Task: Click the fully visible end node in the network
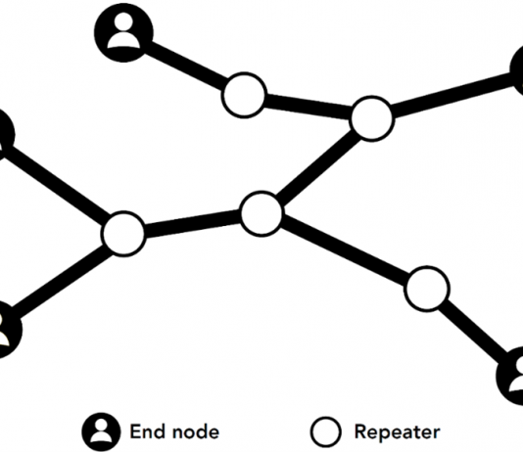[x=123, y=32]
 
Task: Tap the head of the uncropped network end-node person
[x=123, y=22]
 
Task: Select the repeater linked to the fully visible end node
[x=244, y=95]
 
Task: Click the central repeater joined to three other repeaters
[x=261, y=214]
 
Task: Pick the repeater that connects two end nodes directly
[x=123, y=234]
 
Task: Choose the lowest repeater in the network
[x=427, y=289]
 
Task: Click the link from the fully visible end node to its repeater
[x=185, y=66]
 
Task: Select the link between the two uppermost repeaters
[x=309, y=106]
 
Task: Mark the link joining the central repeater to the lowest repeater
[x=345, y=250]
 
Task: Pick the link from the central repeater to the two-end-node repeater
[x=193, y=223]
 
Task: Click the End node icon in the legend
[x=102, y=432]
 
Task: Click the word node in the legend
[x=194, y=432]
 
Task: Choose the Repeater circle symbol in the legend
[x=326, y=432]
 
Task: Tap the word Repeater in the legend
[x=398, y=432]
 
